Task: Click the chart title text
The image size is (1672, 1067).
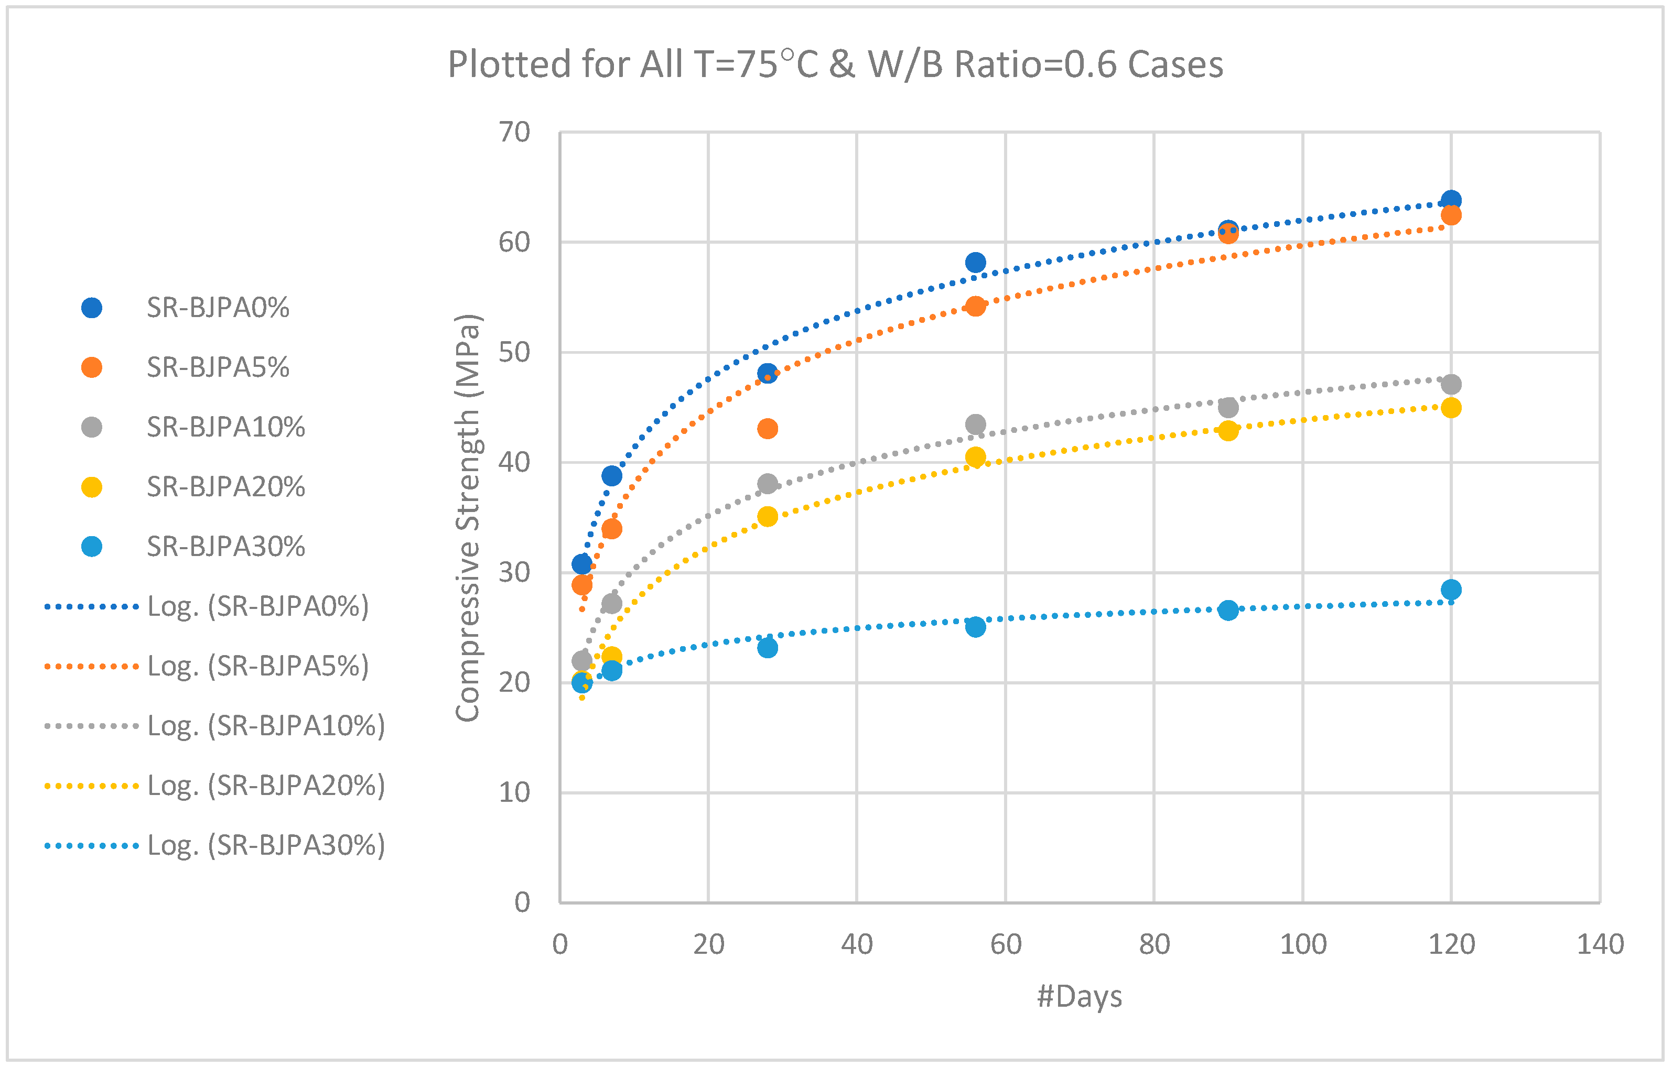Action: [835, 64]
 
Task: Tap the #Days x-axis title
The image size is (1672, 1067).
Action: [1079, 996]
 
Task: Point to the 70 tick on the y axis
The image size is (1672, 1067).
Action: [514, 132]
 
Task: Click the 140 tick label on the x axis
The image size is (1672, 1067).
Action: [1600, 944]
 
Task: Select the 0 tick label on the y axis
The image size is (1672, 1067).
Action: [522, 902]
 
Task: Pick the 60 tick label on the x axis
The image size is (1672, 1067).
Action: [1006, 944]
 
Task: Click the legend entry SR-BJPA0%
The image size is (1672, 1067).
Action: [218, 308]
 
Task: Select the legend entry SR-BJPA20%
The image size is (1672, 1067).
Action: [225, 487]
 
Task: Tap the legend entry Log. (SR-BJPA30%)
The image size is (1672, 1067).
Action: [266, 845]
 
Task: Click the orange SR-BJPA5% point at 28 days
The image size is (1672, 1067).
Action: [767, 428]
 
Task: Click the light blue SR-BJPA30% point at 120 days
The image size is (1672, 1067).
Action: [1451, 590]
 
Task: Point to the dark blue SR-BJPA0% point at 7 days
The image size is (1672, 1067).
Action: [612, 475]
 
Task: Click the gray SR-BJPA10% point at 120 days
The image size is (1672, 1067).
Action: [1451, 384]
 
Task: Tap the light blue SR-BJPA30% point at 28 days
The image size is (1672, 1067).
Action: [767, 648]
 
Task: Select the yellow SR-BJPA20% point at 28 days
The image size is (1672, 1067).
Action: [767, 516]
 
